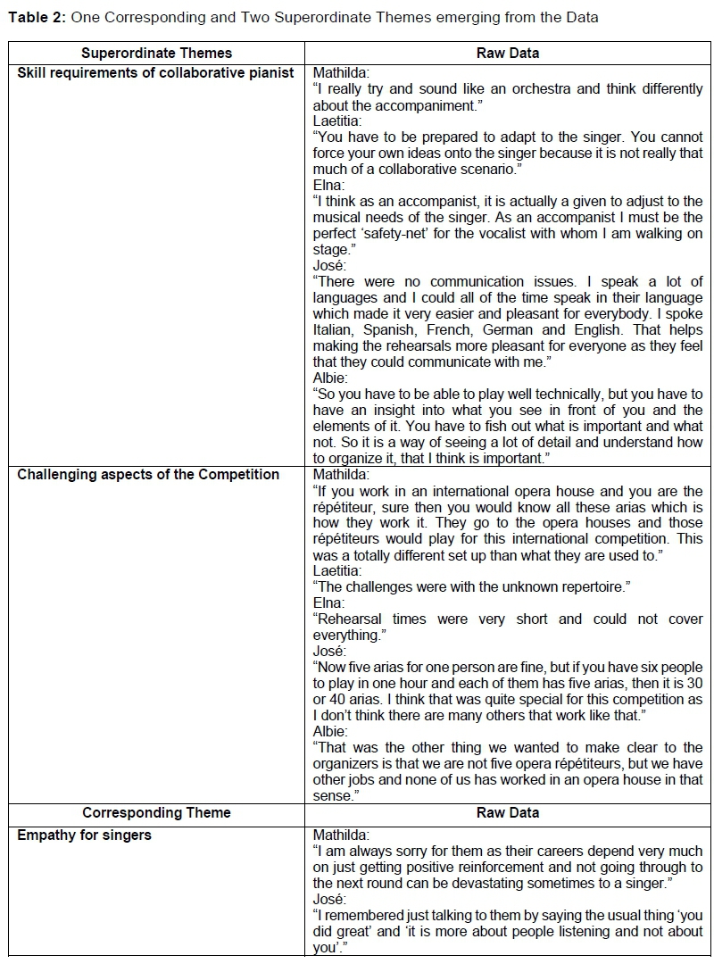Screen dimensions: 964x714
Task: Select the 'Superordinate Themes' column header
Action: pyautogui.click(x=156, y=54)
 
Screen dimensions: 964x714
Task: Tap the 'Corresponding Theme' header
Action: pyautogui.click(x=156, y=812)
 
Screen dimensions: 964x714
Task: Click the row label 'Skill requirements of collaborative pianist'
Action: pyautogui.click(x=156, y=73)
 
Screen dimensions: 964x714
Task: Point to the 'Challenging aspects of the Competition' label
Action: pyautogui.click(x=148, y=475)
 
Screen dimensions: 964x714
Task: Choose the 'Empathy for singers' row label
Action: pyautogui.click(x=85, y=835)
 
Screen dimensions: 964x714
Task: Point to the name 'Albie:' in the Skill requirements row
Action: pyautogui.click(x=331, y=378)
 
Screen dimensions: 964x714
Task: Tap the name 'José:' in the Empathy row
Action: pyautogui.click(x=330, y=900)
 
